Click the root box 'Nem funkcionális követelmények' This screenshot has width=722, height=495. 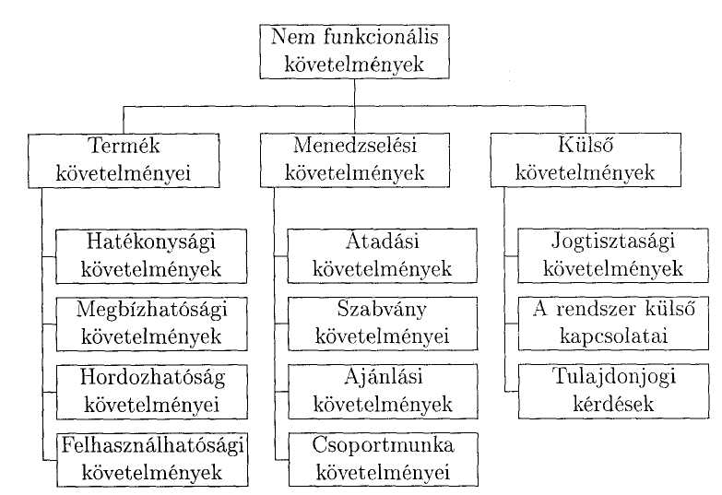pyautogui.click(x=354, y=52)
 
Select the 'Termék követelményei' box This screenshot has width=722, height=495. pyautogui.click(x=124, y=160)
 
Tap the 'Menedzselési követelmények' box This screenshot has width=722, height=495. pyautogui.click(x=355, y=160)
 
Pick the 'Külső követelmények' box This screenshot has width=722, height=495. pyautogui.click(x=586, y=159)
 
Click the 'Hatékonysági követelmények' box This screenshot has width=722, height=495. pyautogui.click(x=151, y=256)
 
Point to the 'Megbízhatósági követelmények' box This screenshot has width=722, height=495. pyautogui.click(x=151, y=324)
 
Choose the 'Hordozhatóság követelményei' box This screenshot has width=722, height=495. pyautogui.click(x=152, y=392)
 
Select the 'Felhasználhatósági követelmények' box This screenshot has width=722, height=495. pyautogui.click(x=152, y=460)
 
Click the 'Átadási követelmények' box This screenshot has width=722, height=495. pyautogui.click(x=382, y=255)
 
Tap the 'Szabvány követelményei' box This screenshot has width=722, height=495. pyautogui.click(x=383, y=324)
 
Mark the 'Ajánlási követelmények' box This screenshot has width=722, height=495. pyautogui.click(x=383, y=392)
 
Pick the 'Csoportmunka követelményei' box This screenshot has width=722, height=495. pyautogui.click(x=384, y=460)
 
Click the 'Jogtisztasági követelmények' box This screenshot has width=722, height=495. pyautogui.click(x=613, y=255)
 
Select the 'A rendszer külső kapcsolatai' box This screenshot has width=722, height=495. pyautogui.click(x=613, y=324)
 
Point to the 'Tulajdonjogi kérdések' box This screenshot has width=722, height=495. pyautogui.click(x=614, y=392)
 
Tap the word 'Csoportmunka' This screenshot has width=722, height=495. pyautogui.click(x=383, y=446)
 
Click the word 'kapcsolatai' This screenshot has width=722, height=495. pyautogui.click(x=614, y=336)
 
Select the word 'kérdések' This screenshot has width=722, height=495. pyautogui.click(x=614, y=404)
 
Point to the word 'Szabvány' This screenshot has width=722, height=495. pyautogui.click(x=382, y=310)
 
